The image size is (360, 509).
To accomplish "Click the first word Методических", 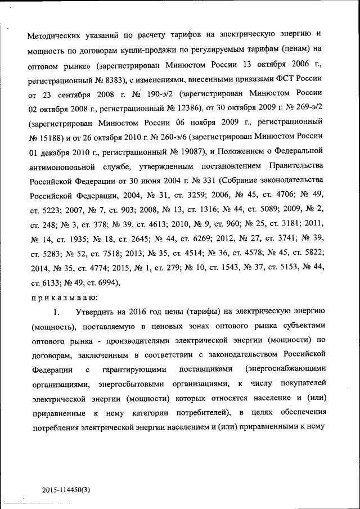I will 57,34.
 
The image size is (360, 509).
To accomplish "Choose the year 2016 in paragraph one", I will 140,311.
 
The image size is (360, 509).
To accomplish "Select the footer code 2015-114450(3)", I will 66,489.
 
